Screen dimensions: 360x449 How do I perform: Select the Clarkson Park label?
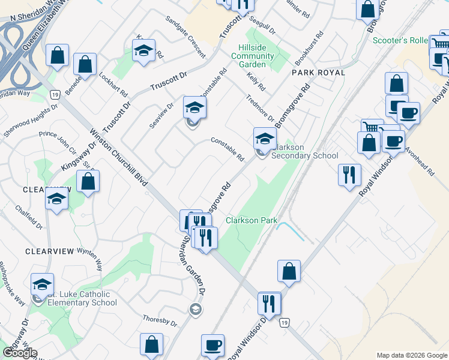pyautogui.click(x=252, y=220)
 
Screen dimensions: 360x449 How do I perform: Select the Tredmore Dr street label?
pyautogui.click(x=259, y=107)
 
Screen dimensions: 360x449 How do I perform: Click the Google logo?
pyautogui.click(x=20, y=352)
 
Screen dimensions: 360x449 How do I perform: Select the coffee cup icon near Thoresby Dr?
pyautogui.click(x=212, y=345)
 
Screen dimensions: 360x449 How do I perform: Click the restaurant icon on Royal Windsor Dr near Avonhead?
pyautogui.click(x=349, y=175)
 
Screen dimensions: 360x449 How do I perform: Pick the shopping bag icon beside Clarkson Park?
pyautogui.click(x=289, y=271)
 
